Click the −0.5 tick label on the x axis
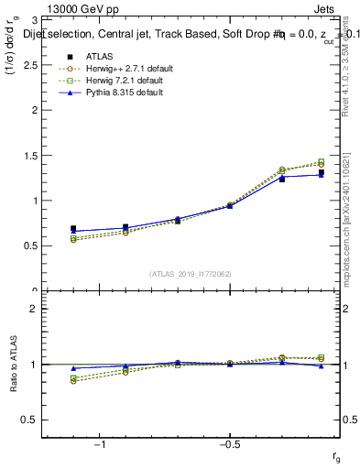[x=228, y=443]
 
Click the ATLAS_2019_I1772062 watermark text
[x=191, y=273]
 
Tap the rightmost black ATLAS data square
[x=321, y=173]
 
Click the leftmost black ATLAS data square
[x=73, y=229]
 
